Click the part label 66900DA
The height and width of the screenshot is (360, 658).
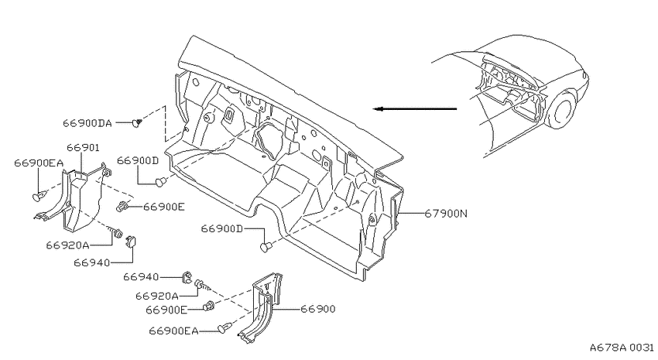tap(87, 123)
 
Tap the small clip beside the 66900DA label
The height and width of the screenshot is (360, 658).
tap(136, 122)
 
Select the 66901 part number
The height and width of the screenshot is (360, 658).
tap(83, 148)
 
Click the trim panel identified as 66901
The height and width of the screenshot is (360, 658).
tap(82, 197)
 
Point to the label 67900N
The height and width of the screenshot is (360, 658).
tap(446, 213)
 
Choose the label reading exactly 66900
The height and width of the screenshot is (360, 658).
tap(317, 309)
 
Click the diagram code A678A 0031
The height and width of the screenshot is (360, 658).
tap(622, 348)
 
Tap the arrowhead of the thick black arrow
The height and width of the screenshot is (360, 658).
tap(378, 109)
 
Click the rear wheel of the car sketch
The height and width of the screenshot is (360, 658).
tap(561, 111)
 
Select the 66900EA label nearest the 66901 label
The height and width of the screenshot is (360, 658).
tap(39, 163)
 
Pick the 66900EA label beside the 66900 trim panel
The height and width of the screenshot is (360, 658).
tap(173, 331)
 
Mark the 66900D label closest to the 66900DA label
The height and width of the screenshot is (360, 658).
tap(138, 160)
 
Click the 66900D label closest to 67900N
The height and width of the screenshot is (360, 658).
tap(222, 228)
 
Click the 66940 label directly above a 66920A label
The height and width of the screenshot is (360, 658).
tap(141, 277)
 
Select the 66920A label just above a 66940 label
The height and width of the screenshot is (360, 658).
tap(67, 245)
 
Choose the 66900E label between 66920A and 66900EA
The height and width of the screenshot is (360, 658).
tap(166, 310)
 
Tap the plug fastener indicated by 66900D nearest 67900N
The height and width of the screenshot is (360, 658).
tap(266, 247)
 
